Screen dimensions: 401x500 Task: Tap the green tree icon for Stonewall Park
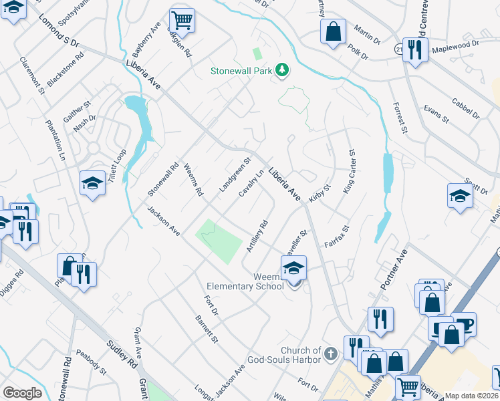click(x=283, y=69)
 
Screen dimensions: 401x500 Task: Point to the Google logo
click(x=22, y=393)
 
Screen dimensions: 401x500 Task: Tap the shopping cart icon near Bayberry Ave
click(x=181, y=20)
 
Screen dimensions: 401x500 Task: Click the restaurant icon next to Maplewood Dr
click(x=415, y=49)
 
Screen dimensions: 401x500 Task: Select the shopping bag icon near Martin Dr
click(x=332, y=31)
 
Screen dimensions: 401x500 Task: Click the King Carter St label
click(x=349, y=172)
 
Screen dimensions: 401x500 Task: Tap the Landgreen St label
click(x=234, y=176)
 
